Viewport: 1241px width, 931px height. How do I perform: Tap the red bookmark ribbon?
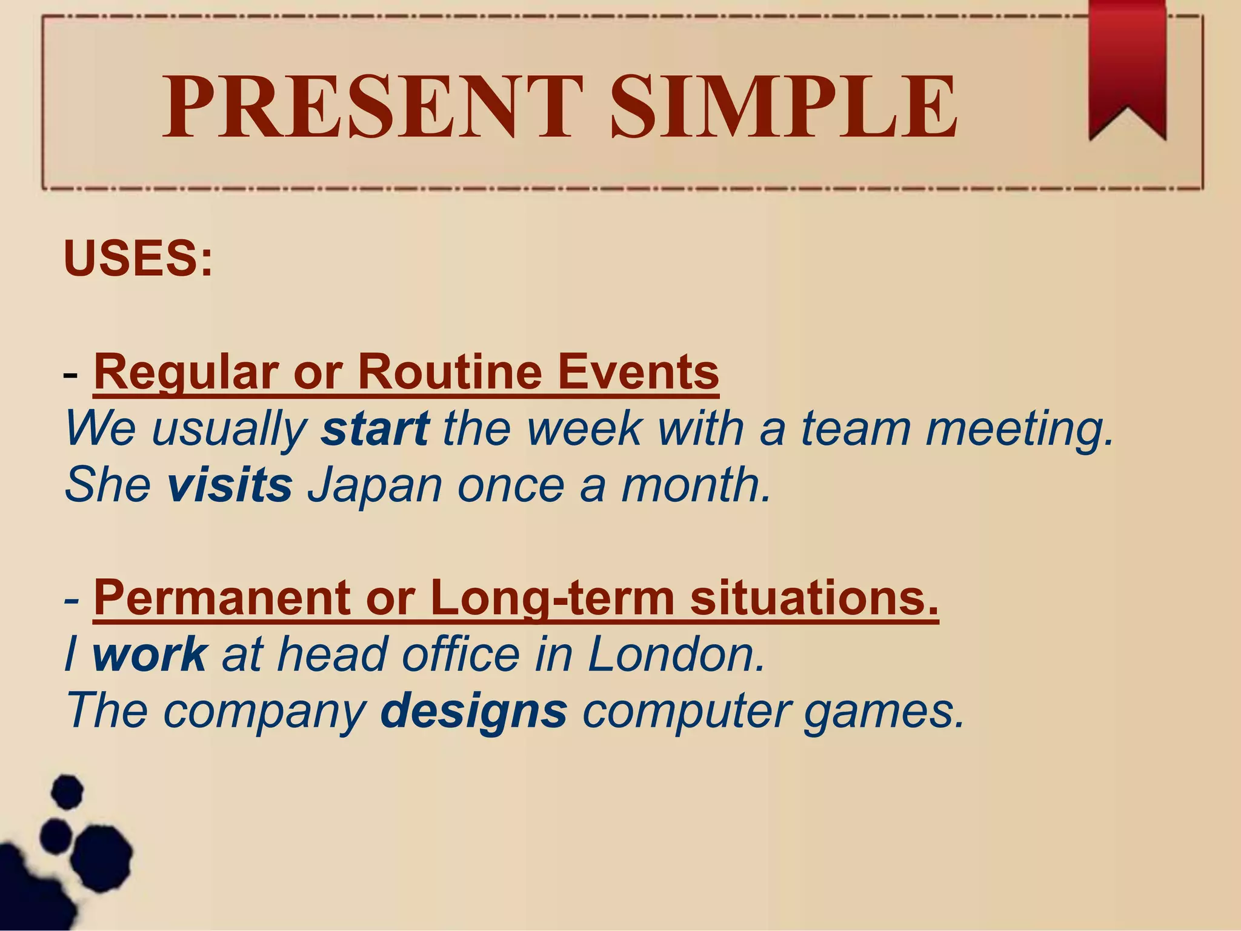click(x=1127, y=67)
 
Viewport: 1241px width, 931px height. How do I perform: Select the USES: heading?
click(x=138, y=259)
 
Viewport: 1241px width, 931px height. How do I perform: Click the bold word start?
click(x=375, y=429)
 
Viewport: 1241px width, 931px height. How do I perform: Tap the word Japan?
click(x=375, y=486)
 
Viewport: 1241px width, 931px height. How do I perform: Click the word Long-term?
click(x=552, y=599)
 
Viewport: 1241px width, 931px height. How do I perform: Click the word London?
click(x=676, y=655)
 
